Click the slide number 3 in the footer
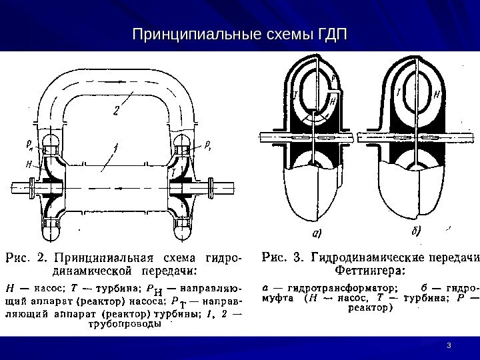pyautogui.click(x=450, y=344)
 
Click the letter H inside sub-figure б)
pyautogui.click(x=436, y=95)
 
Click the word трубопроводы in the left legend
pyautogui.click(x=124, y=325)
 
